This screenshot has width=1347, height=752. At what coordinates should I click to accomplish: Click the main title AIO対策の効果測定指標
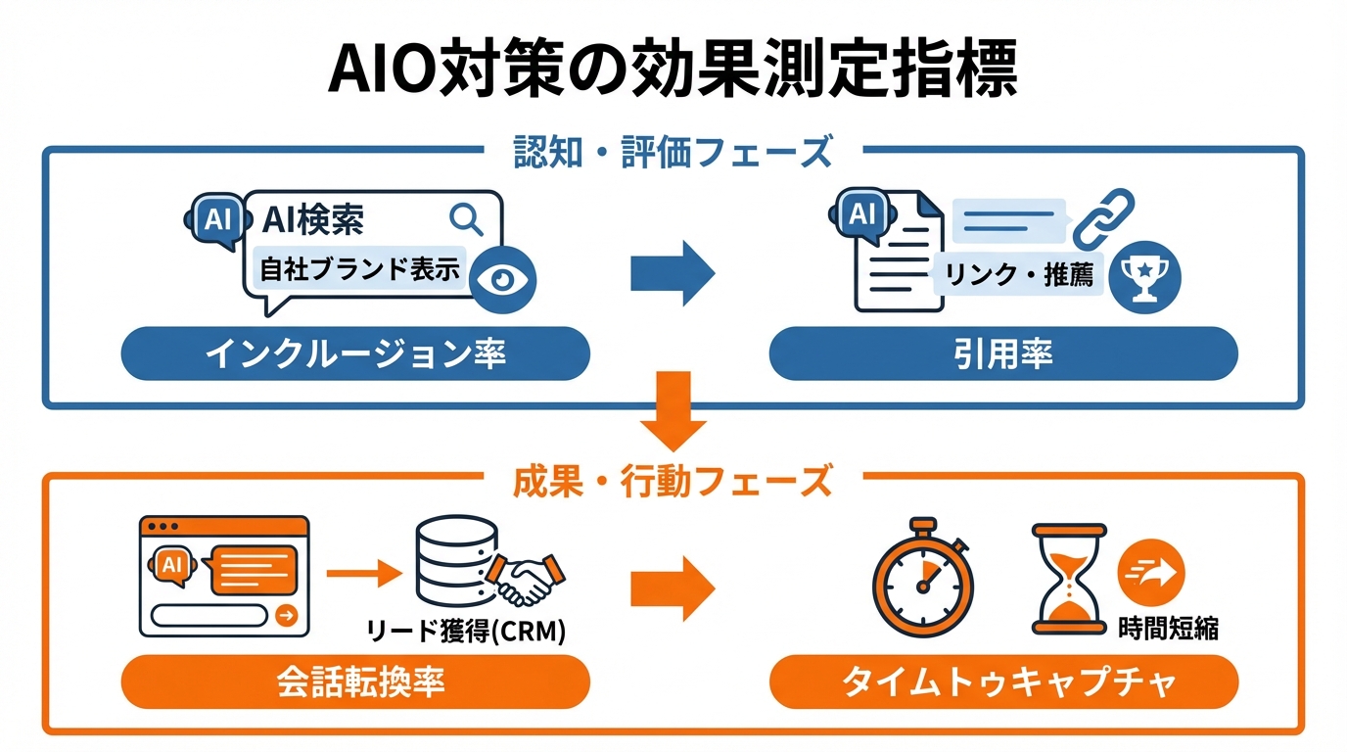673,69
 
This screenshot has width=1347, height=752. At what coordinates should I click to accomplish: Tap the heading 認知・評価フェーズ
673,153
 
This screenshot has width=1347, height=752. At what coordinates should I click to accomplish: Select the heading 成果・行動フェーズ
673,481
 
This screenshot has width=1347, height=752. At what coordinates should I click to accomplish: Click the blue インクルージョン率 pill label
355,353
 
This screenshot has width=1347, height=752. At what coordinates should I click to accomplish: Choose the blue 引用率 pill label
1003,353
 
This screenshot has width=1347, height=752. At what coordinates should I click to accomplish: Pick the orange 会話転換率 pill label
355,681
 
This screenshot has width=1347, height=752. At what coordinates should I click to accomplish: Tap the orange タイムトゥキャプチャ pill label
1003,681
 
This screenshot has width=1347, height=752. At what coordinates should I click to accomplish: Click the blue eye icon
503,277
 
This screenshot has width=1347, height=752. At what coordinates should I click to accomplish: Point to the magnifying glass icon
466,219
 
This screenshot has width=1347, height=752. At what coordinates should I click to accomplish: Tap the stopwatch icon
922,578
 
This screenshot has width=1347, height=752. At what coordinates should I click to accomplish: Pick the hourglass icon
1069,578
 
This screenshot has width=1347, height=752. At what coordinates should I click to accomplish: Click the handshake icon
527,580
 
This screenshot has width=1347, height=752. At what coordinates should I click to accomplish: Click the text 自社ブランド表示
359,269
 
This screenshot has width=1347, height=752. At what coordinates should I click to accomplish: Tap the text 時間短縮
1168,628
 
